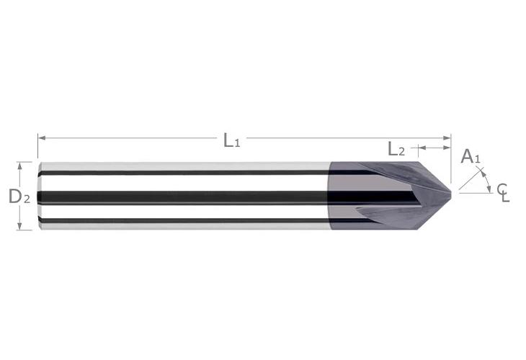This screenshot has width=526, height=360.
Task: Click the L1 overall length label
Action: click(231, 140)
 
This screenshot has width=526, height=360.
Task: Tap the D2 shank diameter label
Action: click(19, 195)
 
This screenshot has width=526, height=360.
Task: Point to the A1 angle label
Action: click(469, 156)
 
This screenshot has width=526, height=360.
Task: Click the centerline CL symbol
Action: click(502, 192)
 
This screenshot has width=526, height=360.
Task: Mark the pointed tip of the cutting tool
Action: click(452, 192)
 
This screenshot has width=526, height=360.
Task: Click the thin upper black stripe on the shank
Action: click(180, 173)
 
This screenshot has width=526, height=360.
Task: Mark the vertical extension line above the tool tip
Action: click(451, 158)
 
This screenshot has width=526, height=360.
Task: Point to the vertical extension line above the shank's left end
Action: click(37, 148)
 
